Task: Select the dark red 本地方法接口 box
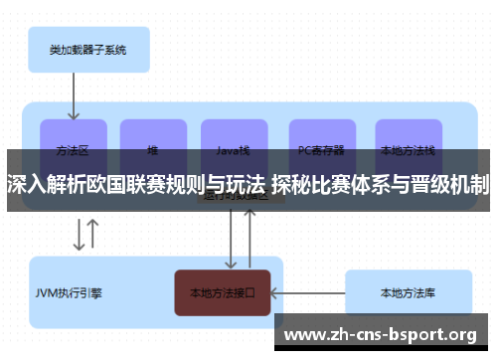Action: pos(223,293)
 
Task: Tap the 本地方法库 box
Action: pos(408,293)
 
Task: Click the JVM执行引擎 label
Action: pos(70,293)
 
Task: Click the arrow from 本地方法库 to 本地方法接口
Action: pos(308,293)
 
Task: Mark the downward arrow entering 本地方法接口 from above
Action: pos(232,239)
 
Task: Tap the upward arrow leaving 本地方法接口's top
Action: pos(248,239)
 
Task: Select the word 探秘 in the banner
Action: pos(291,184)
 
